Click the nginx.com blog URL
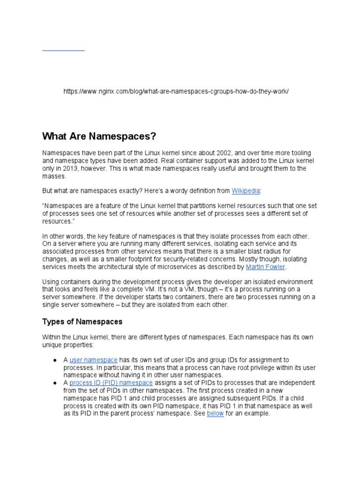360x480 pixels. click(x=176, y=91)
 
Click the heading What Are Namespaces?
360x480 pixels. click(x=98, y=136)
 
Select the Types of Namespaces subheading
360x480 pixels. click(x=82, y=322)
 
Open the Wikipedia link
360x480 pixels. click(x=246, y=191)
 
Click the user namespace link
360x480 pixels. click(x=93, y=360)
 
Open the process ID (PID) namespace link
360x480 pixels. click(x=111, y=382)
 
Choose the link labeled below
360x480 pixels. click(x=215, y=413)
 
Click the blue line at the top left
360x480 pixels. click(x=63, y=50)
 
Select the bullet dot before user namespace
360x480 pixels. click(x=54, y=360)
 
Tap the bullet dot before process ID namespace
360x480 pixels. click(x=54, y=382)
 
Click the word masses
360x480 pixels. click(x=54, y=176)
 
